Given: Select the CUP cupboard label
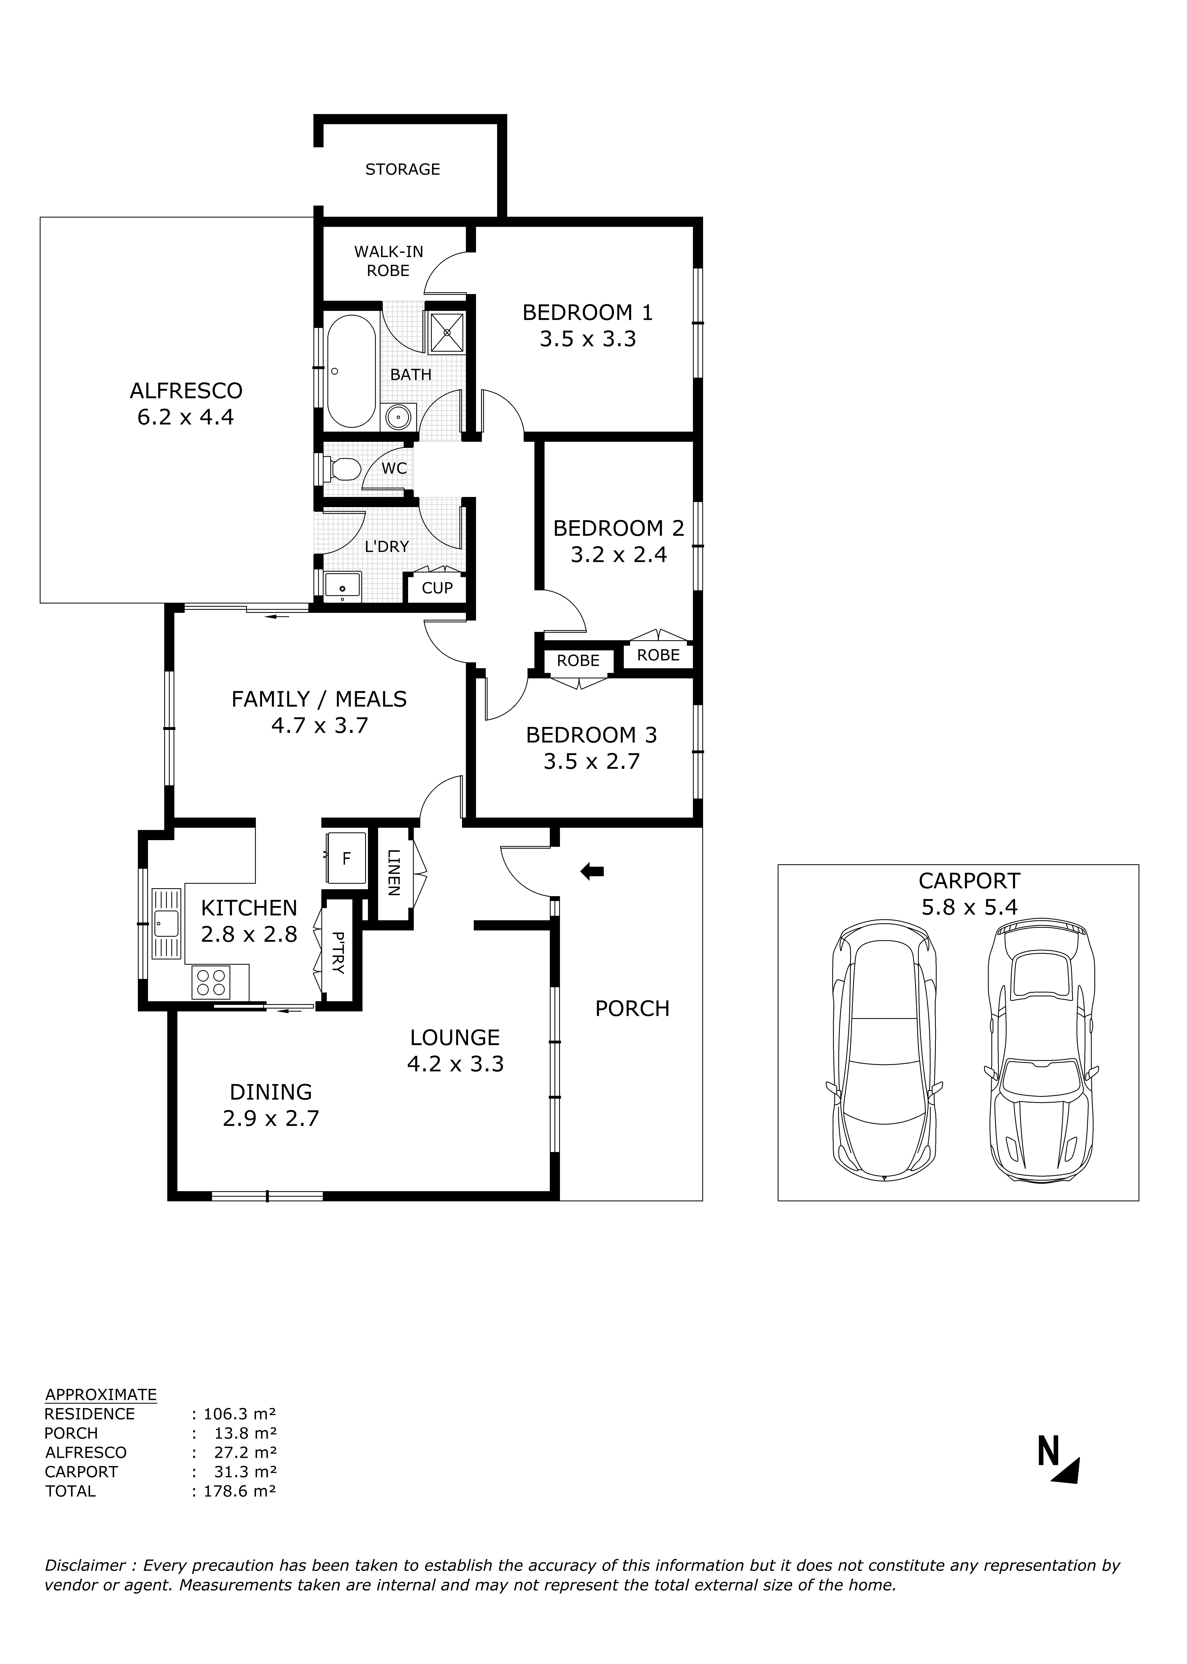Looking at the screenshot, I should pos(437,588).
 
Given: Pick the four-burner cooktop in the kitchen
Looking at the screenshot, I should pos(210,982).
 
